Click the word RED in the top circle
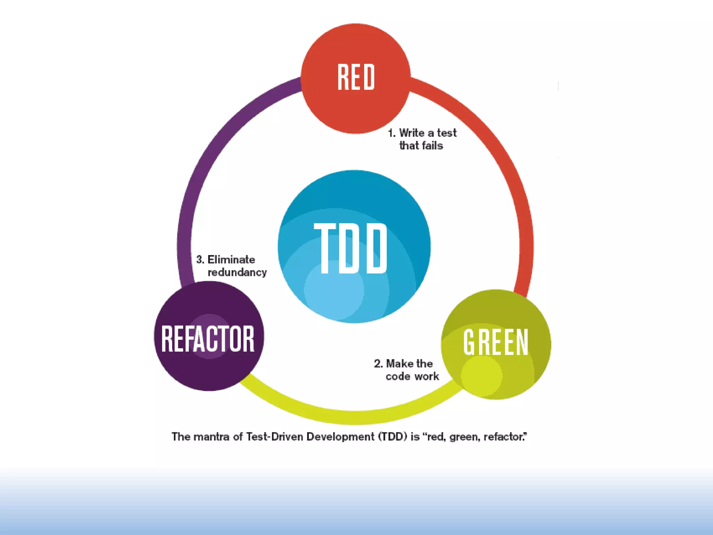point(356,77)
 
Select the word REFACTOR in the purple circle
point(208,339)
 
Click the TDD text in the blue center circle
point(351,248)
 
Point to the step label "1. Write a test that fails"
point(422,139)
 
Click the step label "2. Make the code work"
point(407,370)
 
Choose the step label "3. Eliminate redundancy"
point(232,266)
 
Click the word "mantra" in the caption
point(212,437)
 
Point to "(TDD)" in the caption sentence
point(393,437)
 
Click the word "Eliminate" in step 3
point(231,259)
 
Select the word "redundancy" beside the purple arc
point(237,272)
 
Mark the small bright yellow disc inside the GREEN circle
point(482,375)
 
